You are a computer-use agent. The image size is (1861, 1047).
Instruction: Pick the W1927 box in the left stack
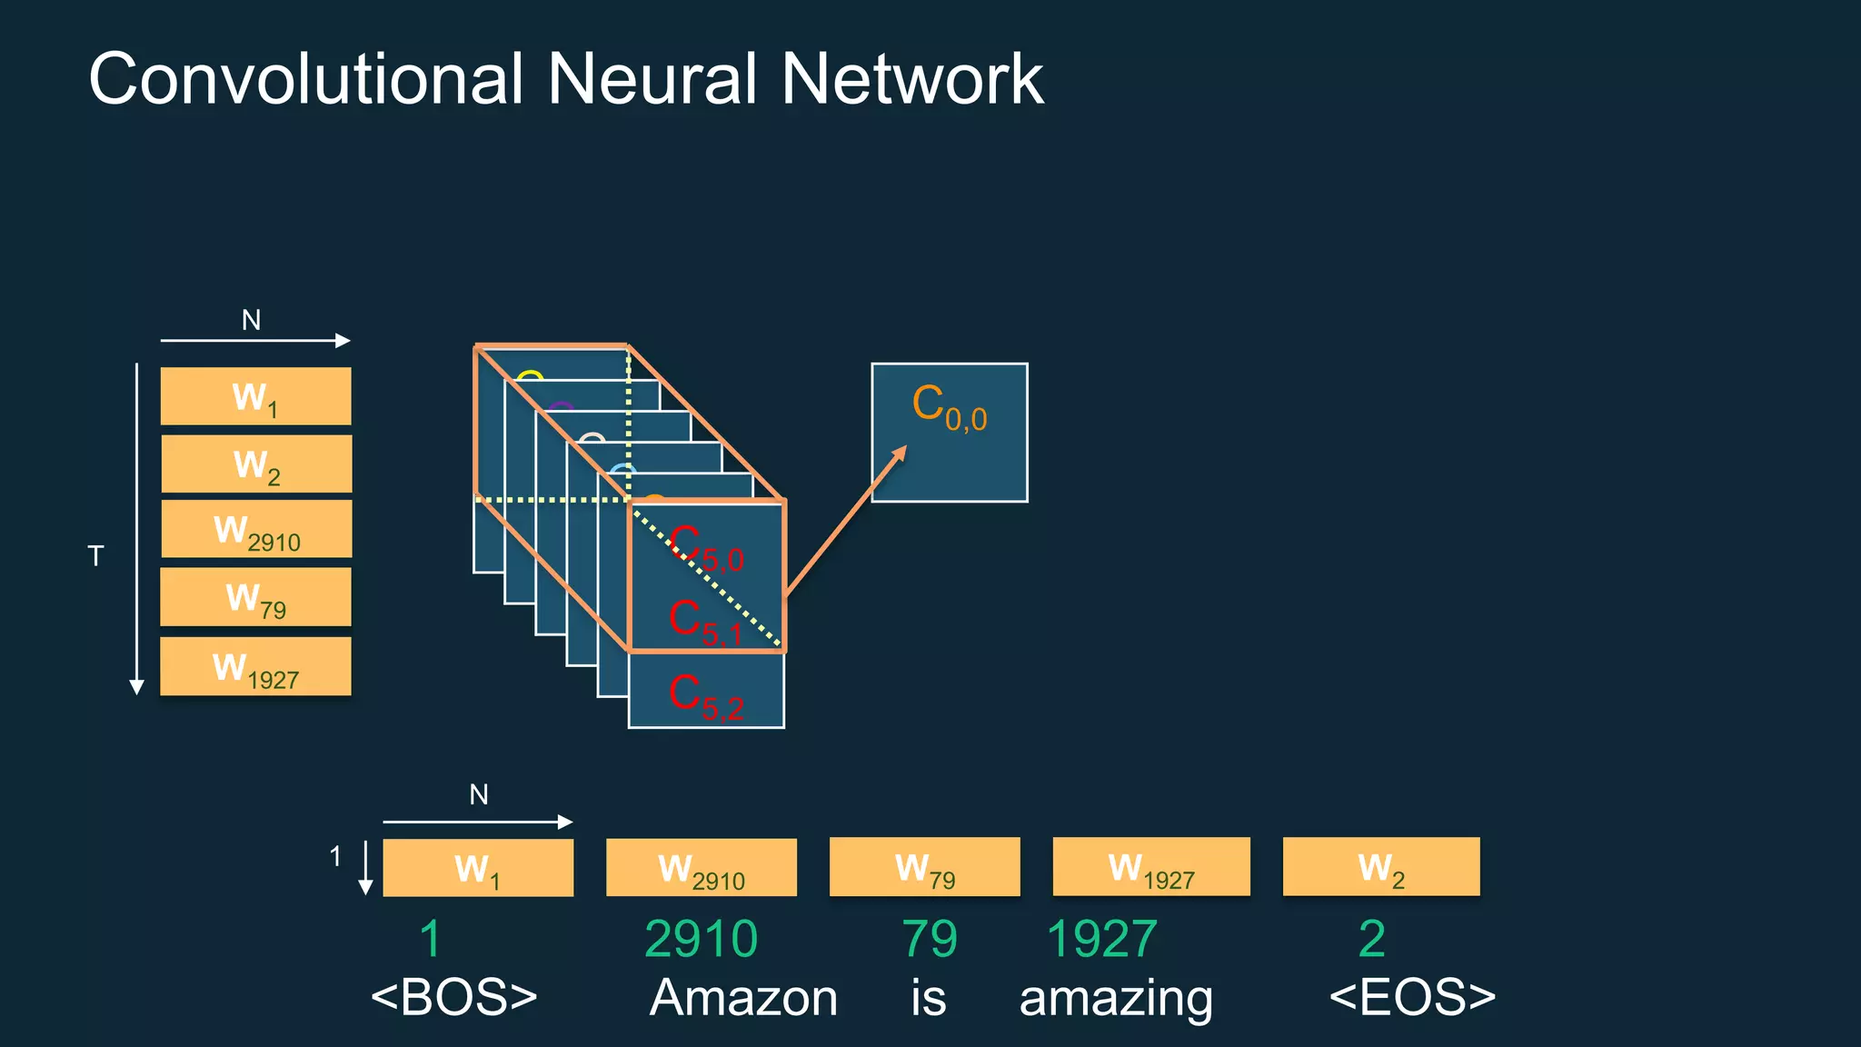tap(256, 667)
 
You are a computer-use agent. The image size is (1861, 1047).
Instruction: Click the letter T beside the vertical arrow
tap(95, 556)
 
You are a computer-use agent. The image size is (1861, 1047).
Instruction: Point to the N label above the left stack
tap(251, 320)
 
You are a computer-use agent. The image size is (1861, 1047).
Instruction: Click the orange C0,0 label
tap(949, 406)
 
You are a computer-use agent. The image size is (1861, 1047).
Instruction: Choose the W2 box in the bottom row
tap(1380, 868)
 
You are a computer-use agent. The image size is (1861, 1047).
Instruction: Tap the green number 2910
tap(701, 939)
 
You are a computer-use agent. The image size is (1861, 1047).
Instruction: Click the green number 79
tap(929, 939)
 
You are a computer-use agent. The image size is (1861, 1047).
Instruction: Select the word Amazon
tap(743, 998)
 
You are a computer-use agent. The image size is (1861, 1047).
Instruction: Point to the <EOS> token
tap(1412, 997)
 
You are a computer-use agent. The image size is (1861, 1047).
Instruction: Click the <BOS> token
tap(454, 997)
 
